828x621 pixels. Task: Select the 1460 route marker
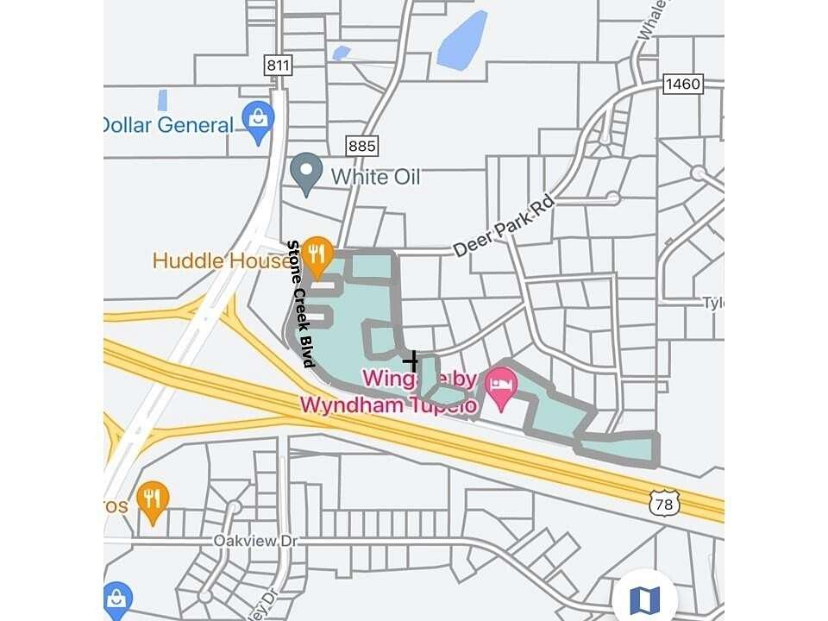point(683,84)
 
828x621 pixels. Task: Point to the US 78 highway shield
point(665,503)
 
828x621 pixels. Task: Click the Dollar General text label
point(167,125)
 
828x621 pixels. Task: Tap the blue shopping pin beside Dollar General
point(258,122)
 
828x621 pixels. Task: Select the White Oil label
point(376,177)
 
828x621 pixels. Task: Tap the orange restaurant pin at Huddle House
point(318,256)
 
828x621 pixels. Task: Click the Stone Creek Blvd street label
point(300,304)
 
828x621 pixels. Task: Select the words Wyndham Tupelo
point(388,405)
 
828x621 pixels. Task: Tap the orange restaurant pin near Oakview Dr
point(153,500)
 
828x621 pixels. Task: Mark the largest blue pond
point(463,40)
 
